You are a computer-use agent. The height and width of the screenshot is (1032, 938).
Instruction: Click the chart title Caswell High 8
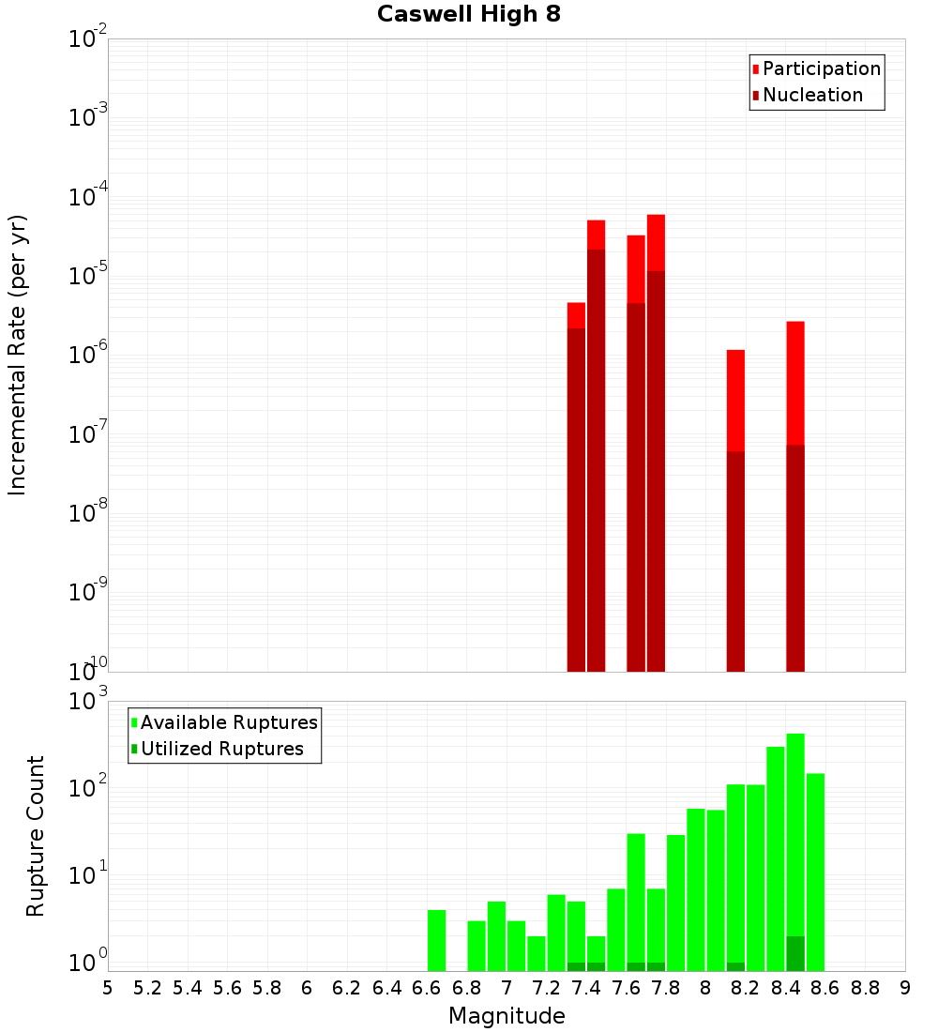469,15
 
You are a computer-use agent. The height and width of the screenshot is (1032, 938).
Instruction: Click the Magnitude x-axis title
507,1016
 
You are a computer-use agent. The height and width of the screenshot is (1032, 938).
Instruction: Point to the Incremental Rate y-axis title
18,355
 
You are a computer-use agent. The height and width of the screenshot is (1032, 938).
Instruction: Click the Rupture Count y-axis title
36,836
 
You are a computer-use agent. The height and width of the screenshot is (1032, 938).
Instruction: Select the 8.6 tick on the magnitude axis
825,988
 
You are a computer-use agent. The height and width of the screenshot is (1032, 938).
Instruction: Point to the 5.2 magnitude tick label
148,988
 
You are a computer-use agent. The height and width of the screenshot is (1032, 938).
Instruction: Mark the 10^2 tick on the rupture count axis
88,788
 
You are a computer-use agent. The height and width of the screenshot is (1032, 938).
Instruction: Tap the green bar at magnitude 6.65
436,940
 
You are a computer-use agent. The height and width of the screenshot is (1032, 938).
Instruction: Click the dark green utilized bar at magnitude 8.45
795,953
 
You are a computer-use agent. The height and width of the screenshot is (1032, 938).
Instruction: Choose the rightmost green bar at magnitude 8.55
815,873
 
